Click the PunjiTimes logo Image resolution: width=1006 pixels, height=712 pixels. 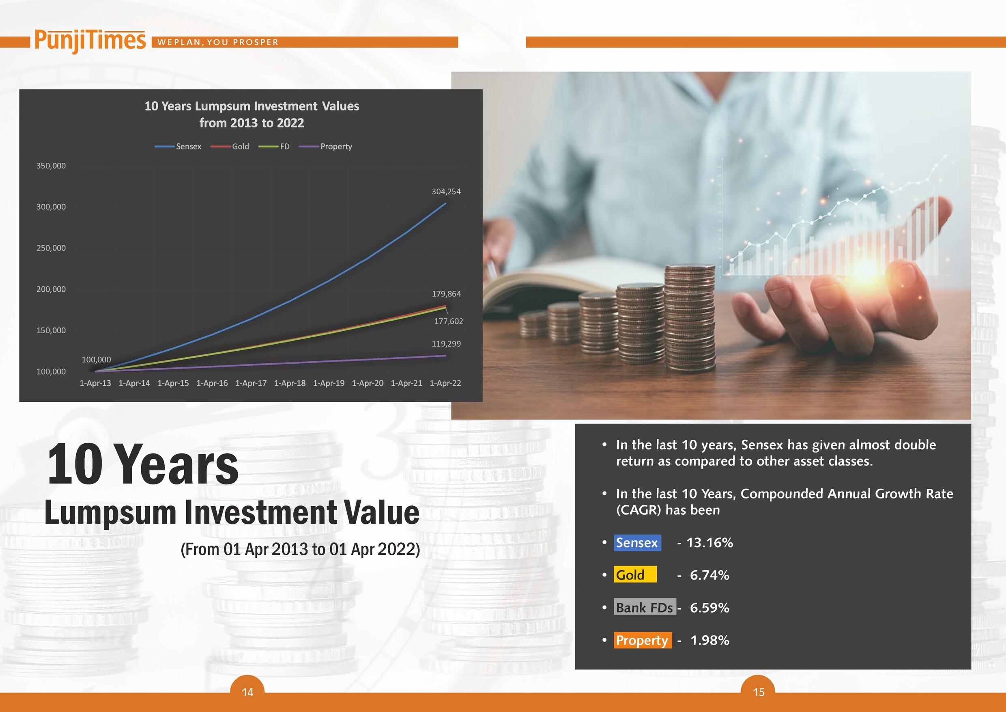90,41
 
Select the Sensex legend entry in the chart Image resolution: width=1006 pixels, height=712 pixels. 178,147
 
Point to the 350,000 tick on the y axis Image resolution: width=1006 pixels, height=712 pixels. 51,166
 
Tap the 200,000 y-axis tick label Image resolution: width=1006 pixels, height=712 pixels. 51,289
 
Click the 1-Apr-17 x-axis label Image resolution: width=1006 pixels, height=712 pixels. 251,383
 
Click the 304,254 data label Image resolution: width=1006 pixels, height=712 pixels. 446,192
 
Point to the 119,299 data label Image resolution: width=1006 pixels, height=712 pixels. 446,344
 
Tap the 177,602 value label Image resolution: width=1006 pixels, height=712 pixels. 448,321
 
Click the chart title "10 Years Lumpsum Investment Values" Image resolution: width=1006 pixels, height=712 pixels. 251,106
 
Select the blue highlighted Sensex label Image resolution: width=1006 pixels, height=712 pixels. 637,543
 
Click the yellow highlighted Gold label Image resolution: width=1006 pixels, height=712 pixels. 635,575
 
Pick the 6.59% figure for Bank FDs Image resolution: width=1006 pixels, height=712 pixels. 709,608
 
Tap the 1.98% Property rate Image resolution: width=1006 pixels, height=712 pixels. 709,640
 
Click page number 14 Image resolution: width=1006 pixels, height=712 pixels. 247,692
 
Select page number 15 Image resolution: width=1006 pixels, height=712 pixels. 759,692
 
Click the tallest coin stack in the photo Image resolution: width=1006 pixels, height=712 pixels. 690,318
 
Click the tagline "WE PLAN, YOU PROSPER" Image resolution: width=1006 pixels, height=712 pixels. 218,42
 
